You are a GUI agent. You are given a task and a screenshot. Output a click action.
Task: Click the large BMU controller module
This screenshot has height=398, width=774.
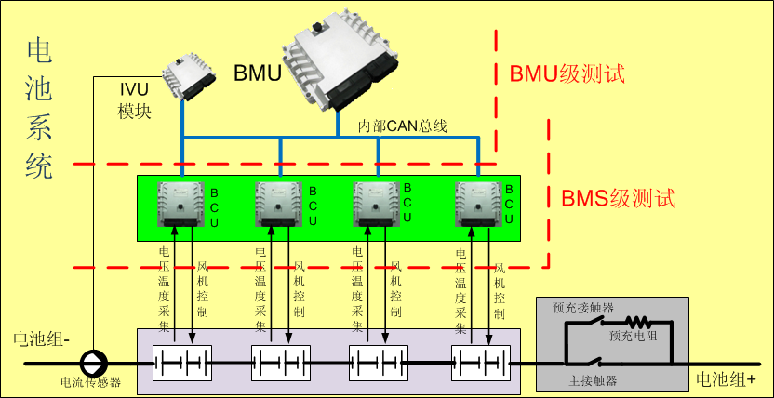point(340,60)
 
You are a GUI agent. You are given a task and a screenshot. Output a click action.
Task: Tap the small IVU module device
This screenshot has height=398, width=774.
point(189,78)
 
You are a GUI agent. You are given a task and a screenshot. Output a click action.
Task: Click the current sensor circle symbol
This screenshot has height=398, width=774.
point(94,364)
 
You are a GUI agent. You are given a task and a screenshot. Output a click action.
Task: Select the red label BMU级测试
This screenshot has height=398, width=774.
point(567,74)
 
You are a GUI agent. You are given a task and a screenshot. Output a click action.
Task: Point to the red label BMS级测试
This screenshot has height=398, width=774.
point(619,198)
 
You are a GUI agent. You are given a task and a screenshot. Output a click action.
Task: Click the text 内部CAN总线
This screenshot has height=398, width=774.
point(402,126)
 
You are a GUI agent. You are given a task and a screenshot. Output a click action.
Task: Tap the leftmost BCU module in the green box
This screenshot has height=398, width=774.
point(180,205)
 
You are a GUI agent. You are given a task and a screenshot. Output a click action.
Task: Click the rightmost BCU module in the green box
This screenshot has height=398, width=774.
point(478,205)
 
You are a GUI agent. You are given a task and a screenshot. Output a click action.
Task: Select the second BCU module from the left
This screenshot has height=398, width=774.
point(278,205)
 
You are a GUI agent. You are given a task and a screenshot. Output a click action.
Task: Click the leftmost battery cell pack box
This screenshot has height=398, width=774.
point(182,363)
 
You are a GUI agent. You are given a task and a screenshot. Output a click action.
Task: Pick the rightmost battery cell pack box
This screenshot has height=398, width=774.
point(481,363)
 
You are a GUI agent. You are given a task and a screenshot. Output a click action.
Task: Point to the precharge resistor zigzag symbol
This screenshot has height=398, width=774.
point(639,322)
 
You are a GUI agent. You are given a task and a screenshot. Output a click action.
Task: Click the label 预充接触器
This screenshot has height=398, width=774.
point(583,308)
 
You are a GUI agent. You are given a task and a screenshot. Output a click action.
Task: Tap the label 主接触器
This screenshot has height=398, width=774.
point(593,380)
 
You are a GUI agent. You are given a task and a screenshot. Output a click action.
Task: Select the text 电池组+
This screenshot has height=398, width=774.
point(726,378)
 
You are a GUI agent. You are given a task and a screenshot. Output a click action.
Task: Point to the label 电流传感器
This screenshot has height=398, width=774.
point(90,382)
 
